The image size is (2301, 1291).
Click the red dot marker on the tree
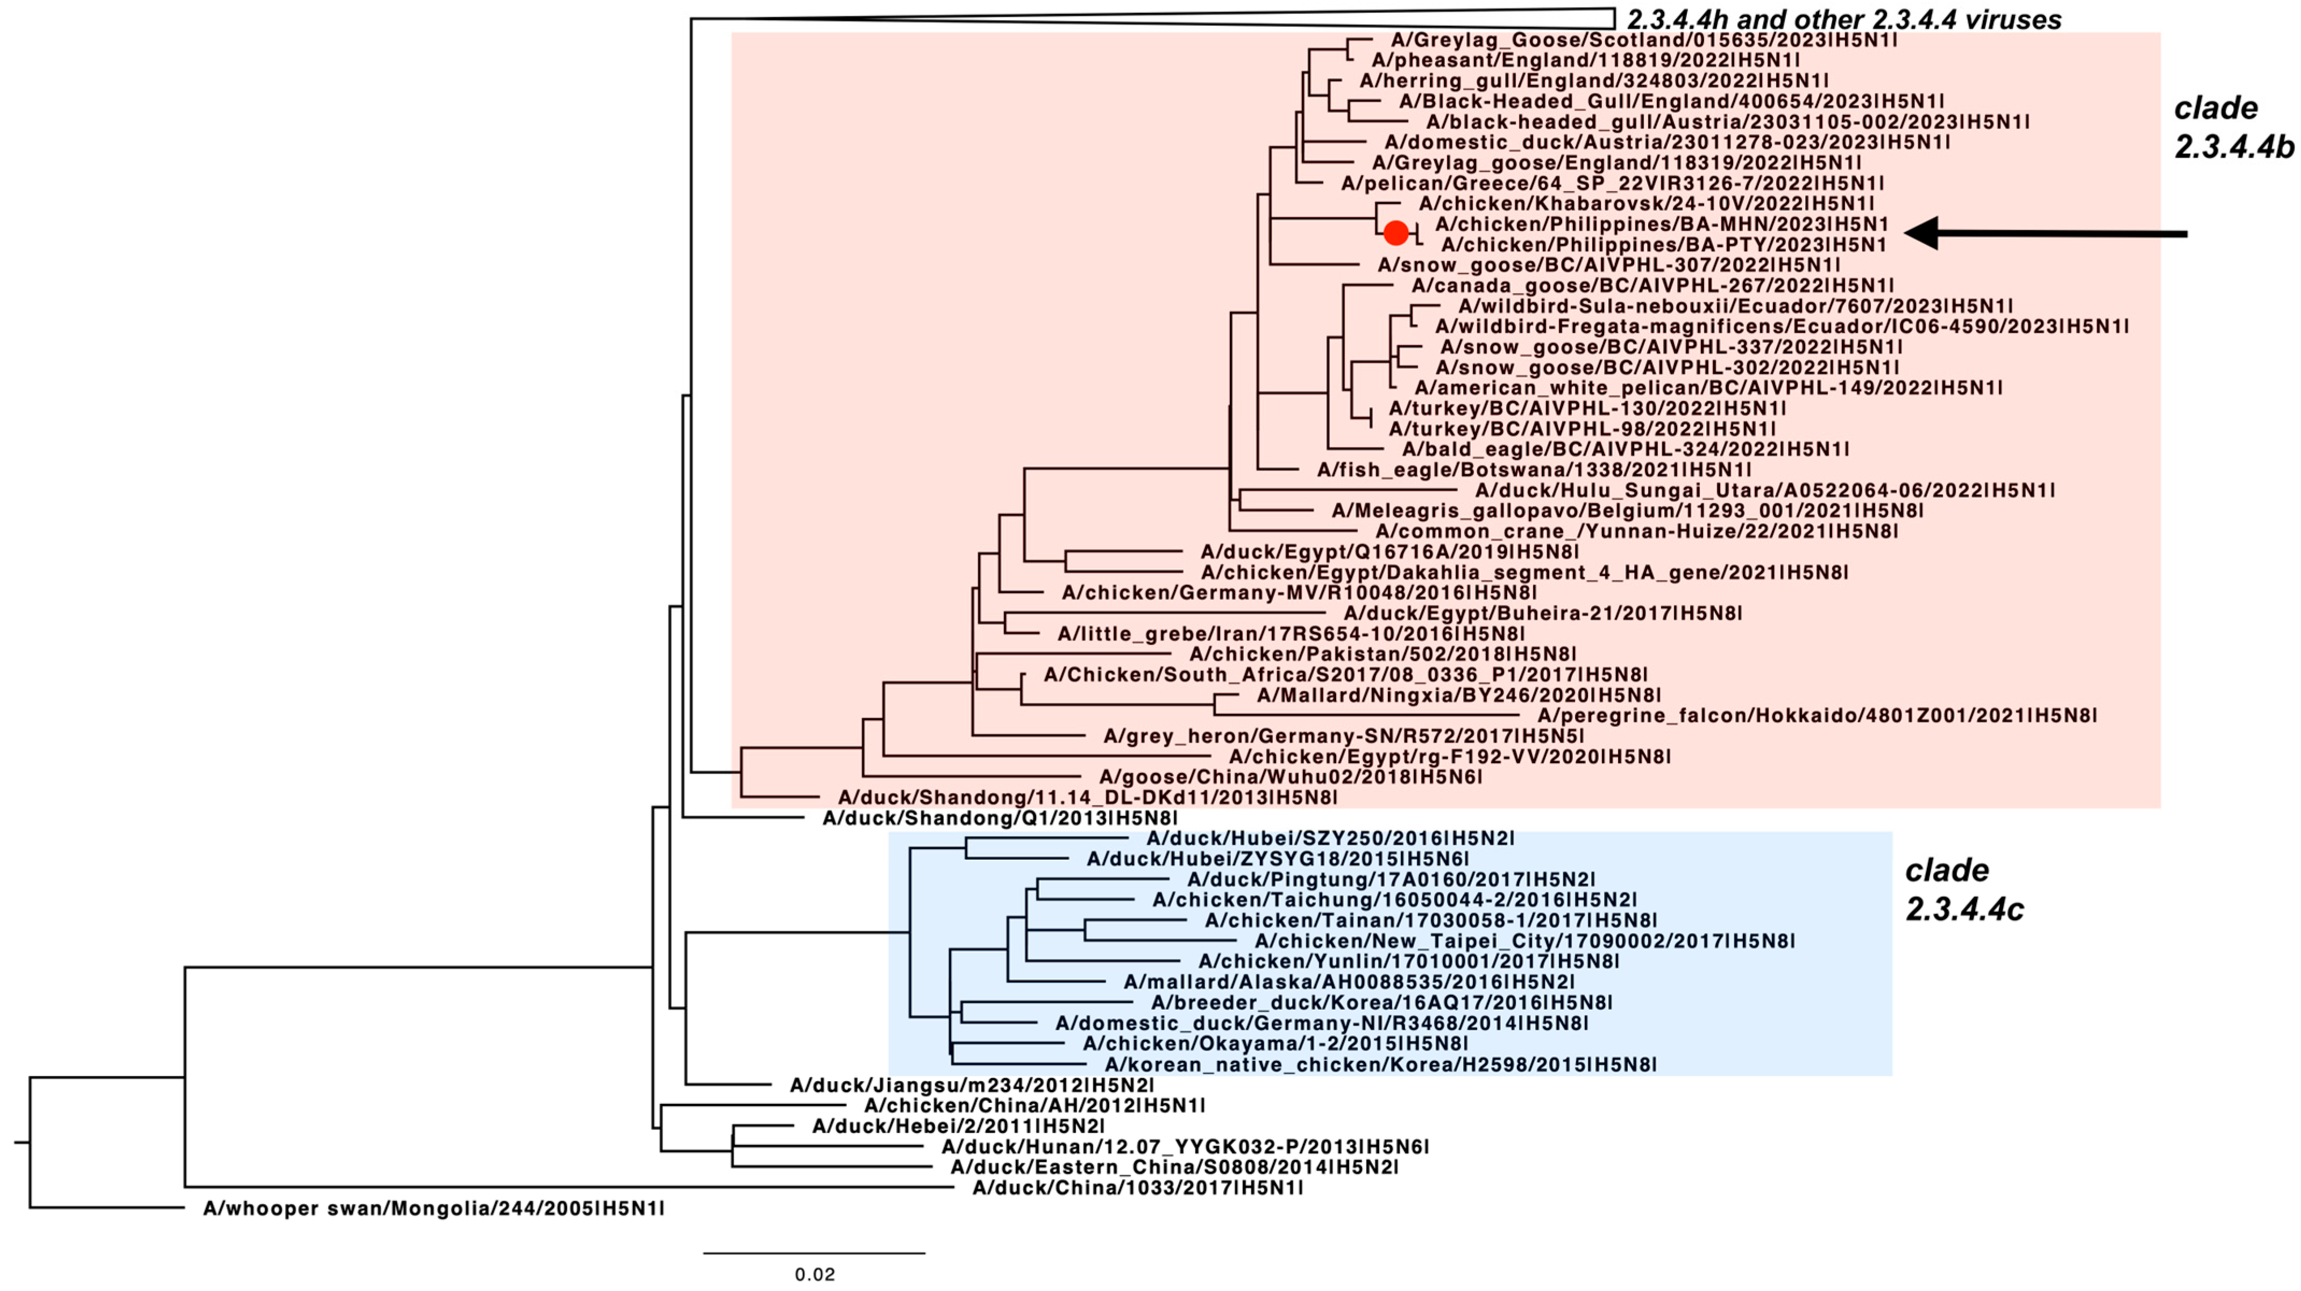[x=1396, y=233]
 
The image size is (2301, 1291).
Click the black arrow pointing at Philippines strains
[x=2046, y=233]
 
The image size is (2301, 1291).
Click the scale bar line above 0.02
[x=814, y=1253]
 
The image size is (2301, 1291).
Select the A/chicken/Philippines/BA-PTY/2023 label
[x=1663, y=245]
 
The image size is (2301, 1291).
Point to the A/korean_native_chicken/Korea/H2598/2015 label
[x=1380, y=1064]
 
